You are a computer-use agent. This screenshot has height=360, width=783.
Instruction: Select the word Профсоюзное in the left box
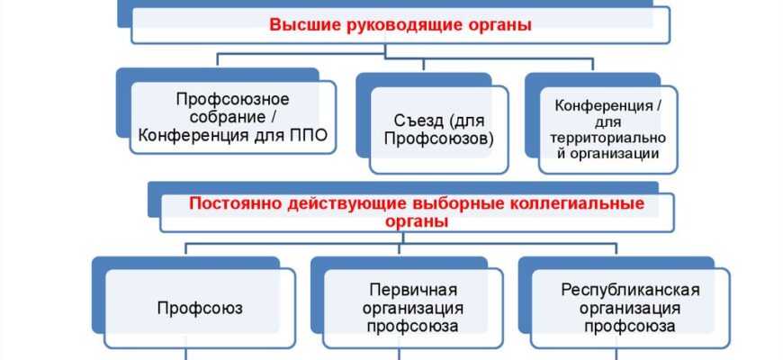pos(232,99)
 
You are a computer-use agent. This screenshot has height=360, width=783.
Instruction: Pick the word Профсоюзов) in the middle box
pos(438,139)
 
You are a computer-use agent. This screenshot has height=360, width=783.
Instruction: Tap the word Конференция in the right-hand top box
pos(604,106)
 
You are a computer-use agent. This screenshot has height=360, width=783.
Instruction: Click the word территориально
pos(608,138)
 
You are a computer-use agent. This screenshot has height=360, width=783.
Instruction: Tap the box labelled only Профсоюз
pos(200,308)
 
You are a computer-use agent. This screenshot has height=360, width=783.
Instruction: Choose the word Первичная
pos(413,290)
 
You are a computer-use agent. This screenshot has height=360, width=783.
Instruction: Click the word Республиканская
pos(630,290)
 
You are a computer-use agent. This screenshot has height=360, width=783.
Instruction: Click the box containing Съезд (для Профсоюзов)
pos(438,130)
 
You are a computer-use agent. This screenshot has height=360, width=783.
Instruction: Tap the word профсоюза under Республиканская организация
pos(630,327)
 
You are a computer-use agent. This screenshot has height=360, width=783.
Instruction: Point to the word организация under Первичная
pos(413,308)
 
